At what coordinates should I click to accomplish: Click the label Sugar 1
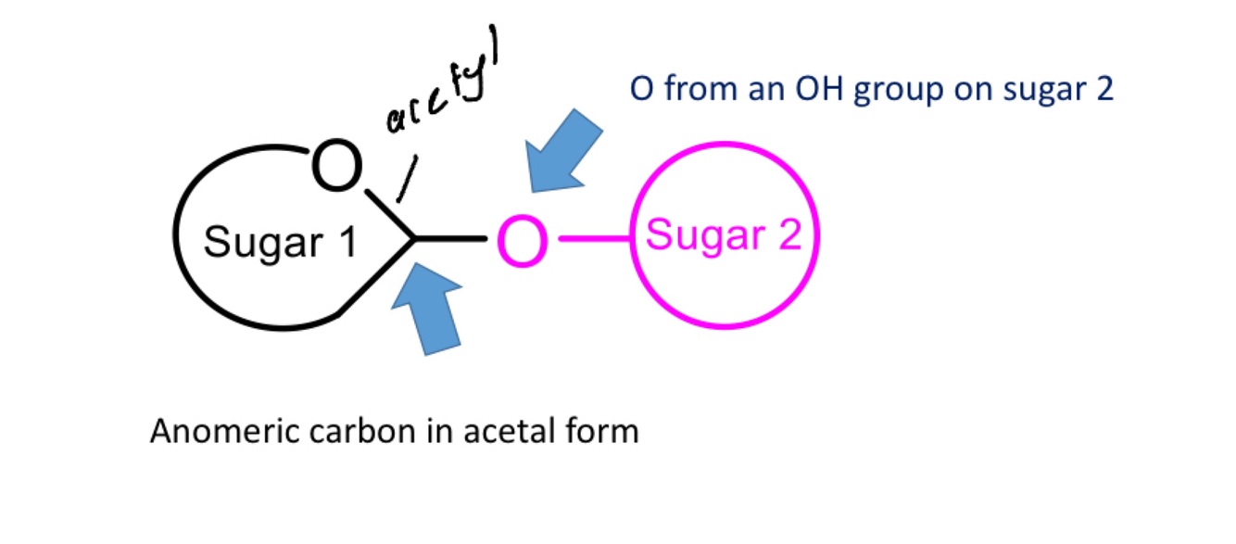(280, 243)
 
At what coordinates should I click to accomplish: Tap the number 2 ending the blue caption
(1103, 90)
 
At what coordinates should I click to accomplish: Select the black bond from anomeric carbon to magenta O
(451, 240)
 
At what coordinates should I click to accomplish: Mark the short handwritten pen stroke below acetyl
(406, 179)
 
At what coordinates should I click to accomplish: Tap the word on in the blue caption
(963, 90)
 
